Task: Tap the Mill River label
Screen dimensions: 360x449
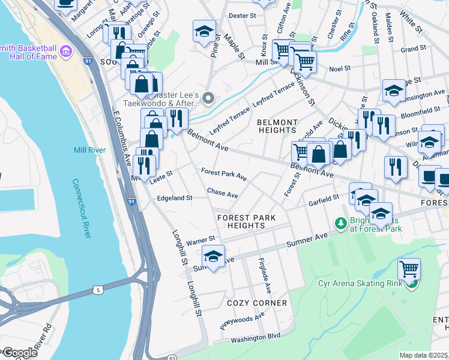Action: coord(89,150)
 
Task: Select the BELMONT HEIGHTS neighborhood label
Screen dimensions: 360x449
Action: coord(277,126)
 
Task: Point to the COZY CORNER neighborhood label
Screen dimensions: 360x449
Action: coord(257,303)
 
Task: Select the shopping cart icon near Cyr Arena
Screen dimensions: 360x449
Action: coord(409,269)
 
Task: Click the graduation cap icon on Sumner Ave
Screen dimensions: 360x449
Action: coord(213,256)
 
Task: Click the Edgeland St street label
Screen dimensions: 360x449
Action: coord(174,197)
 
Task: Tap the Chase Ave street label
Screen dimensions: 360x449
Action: coord(222,194)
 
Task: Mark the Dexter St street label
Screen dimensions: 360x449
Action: coord(243,16)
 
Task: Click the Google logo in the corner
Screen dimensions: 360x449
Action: coord(19,353)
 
